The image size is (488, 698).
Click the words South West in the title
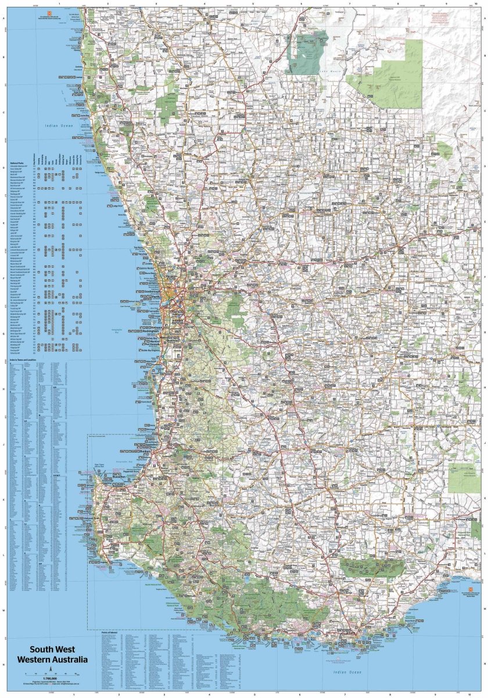click(x=53, y=650)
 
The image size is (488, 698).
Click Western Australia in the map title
click(x=53, y=660)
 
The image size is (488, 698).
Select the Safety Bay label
click(x=153, y=337)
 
